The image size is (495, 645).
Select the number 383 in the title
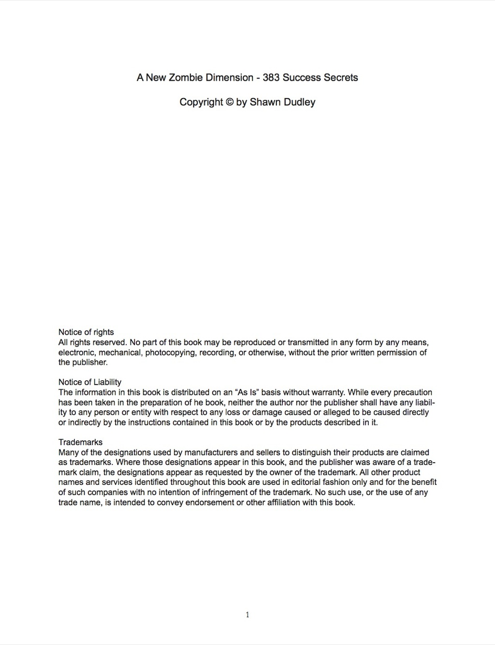pyautogui.click(x=271, y=77)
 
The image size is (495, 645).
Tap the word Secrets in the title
pyautogui.click(x=341, y=77)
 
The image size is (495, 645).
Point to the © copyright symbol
pyautogui.click(x=230, y=102)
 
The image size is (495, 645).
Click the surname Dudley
pyautogui.click(x=299, y=102)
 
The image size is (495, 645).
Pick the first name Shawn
pyautogui.click(x=265, y=102)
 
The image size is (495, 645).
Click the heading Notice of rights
pyautogui.click(x=86, y=332)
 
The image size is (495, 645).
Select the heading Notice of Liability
pyautogui.click(x=90, y=382)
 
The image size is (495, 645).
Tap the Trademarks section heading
pyautogui.click(x=80, y=442)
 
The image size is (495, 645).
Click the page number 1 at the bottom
pyautogui.click(x=247, y=615)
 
